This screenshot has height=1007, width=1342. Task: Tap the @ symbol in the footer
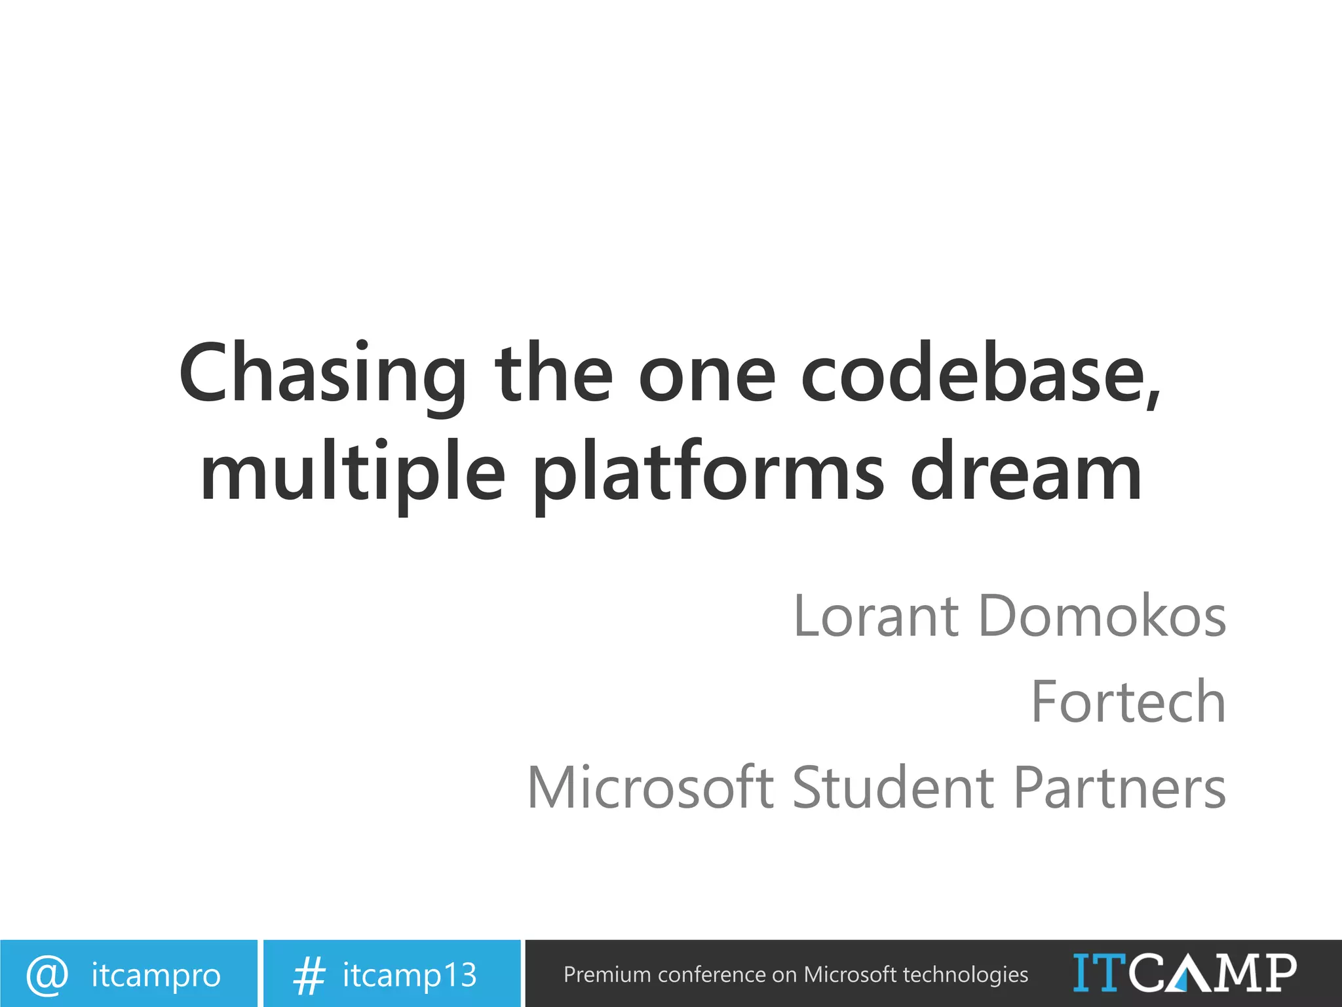tap(47, 974)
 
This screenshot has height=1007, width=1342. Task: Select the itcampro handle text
tap(156, 976)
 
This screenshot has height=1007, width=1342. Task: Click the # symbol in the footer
tap(309, 976)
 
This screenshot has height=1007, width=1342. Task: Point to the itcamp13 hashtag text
tap(410, 976)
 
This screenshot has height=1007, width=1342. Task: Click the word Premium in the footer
tap(607, 975)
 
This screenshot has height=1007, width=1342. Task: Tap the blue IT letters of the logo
tap(1100, 973)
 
